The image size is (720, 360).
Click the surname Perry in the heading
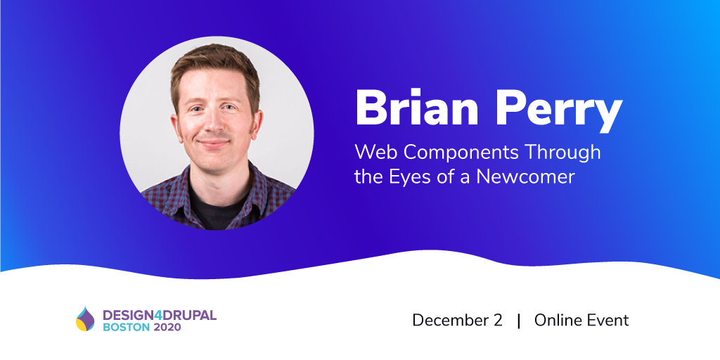(553, 110)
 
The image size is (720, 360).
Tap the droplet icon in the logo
(85, 319)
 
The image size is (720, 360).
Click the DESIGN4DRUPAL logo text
(160, 315)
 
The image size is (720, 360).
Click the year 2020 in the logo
(167, 328)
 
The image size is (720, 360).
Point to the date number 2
(499, 320)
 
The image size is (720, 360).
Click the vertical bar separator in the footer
(519, 321)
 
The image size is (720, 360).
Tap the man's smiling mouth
(214, 143)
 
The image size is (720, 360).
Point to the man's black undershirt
(216, 207)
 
